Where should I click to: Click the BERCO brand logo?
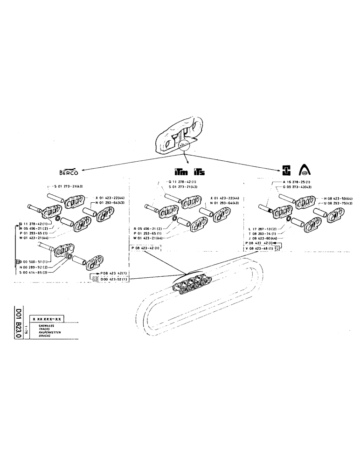(68, 171)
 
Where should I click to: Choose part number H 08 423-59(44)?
(337, 198)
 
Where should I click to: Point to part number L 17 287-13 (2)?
(262, 229)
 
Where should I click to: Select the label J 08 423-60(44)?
(263, 239)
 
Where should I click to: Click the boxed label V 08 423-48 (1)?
(261, 248)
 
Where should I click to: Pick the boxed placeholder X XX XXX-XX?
(47, 319)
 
